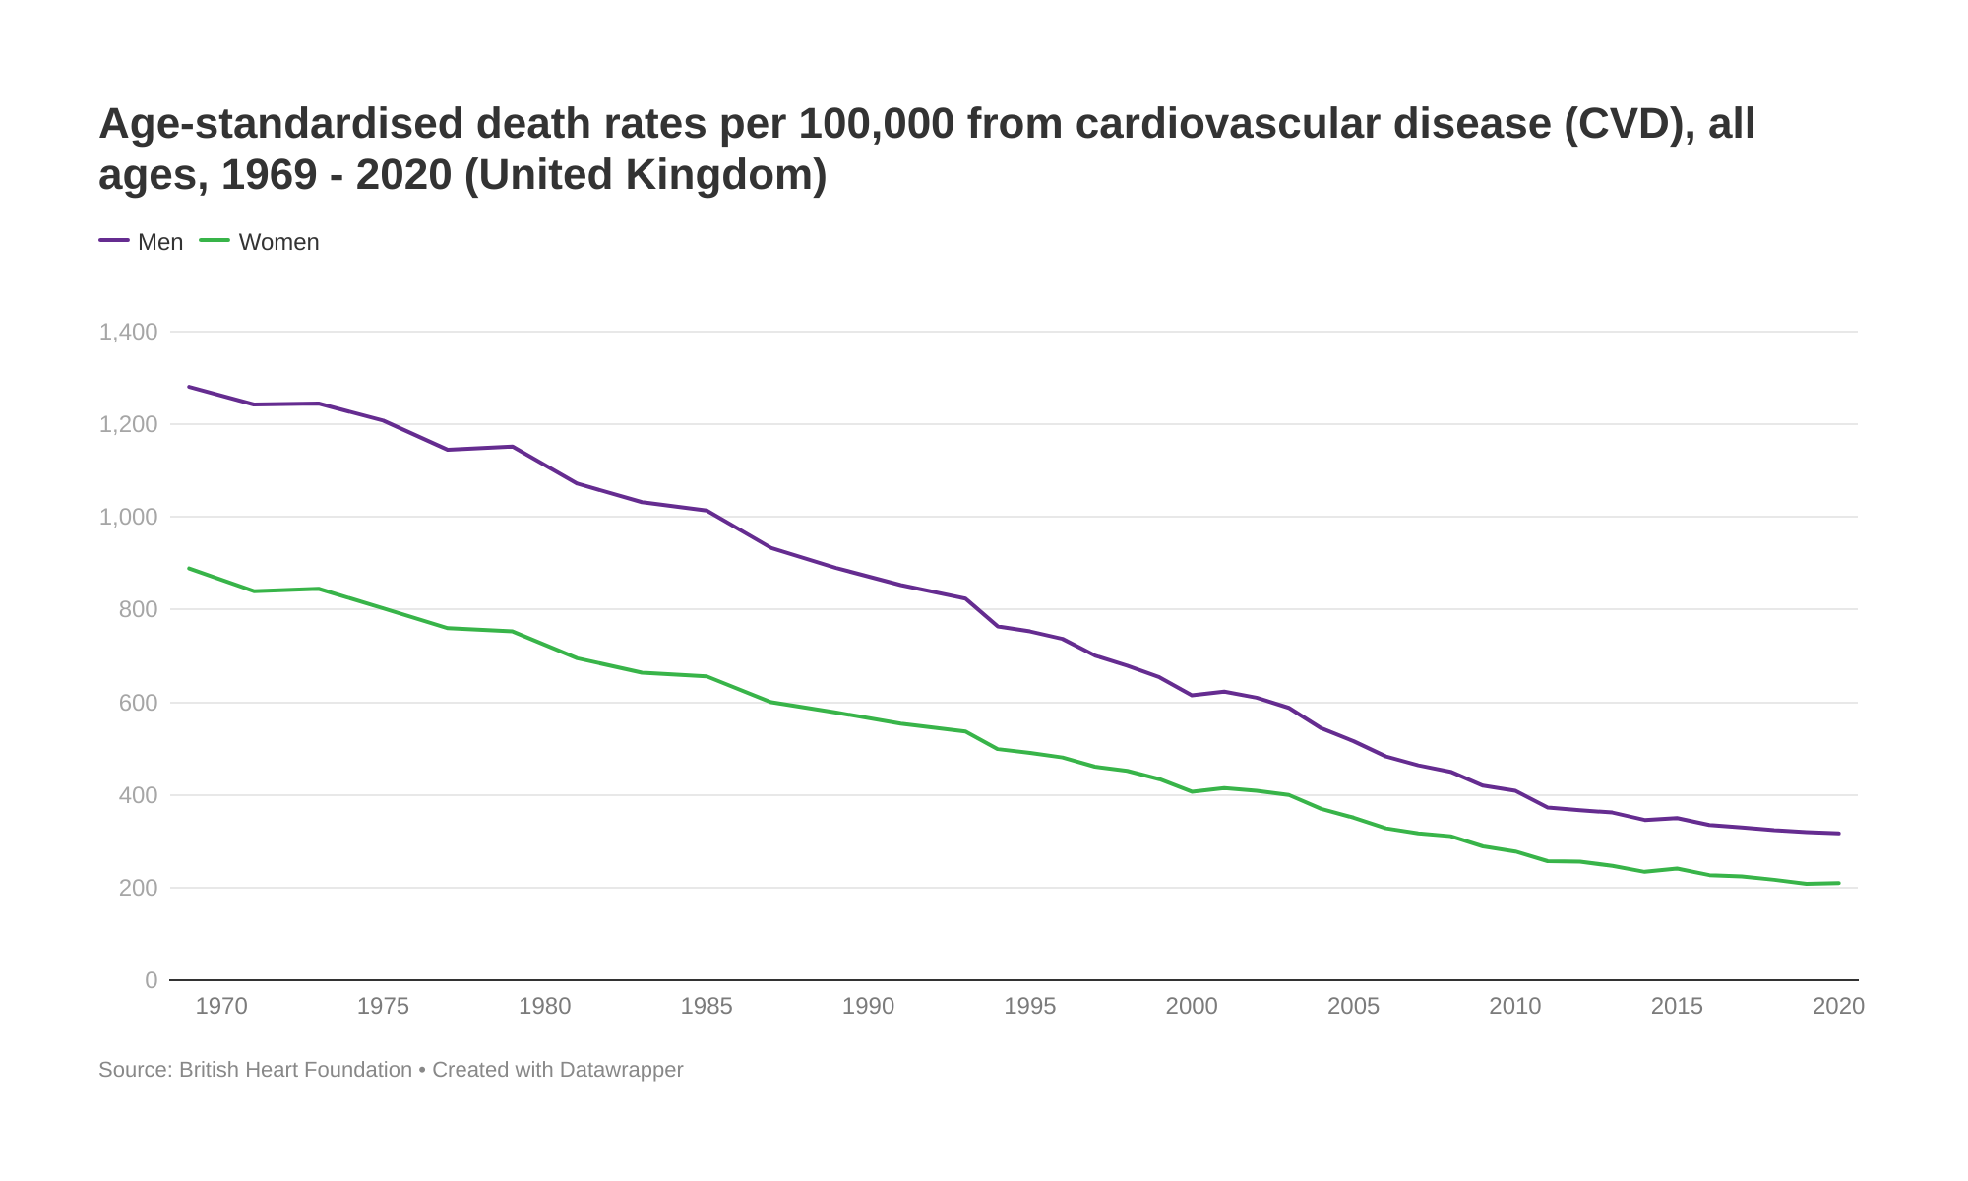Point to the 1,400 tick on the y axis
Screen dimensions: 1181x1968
point(129,332)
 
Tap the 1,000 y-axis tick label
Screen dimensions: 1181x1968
point(129,517)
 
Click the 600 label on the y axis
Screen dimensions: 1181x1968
point(138,703)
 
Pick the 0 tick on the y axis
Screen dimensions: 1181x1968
point(151,980)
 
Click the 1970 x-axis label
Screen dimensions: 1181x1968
point(221,1006)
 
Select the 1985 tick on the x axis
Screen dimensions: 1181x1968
point(707,1006)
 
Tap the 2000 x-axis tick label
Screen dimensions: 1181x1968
point(1192,1006)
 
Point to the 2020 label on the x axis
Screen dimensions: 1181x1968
point(1838,1006)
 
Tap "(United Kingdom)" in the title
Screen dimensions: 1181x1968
point(646,175)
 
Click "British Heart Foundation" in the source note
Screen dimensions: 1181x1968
point(295,1070)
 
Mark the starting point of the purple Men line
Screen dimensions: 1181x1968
point(189,387)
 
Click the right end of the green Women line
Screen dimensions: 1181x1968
point(1838,883)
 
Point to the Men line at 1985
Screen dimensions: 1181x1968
point(707,511)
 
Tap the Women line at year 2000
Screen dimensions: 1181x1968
point(1192,791)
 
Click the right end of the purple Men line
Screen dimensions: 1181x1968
point(1838,834)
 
